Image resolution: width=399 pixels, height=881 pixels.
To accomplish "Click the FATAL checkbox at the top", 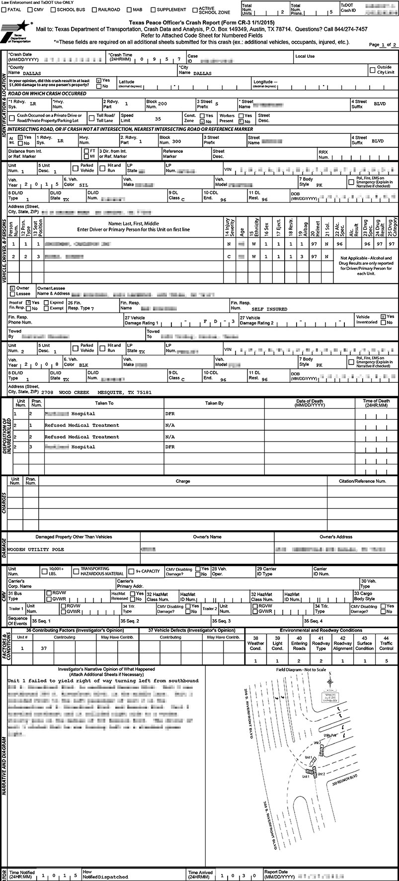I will pos(4,9).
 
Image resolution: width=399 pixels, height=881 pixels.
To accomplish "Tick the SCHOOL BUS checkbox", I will pos(53,9).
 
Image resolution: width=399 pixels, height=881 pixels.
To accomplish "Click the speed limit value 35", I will pos(158,119).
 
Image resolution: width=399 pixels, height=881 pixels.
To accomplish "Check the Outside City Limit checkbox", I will pos(372,70).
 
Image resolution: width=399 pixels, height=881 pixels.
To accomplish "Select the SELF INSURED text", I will pos(269,309).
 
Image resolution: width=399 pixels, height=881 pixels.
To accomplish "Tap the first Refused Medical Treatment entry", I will pos(82,425).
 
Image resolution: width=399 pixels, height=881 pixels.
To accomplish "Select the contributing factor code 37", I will pos(44,649).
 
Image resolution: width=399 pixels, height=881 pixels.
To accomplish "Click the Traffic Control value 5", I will pos(386,661).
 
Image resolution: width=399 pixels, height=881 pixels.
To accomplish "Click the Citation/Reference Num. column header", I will pos(362,481).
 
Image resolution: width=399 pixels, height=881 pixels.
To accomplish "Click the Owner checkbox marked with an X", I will pos(12,288).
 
